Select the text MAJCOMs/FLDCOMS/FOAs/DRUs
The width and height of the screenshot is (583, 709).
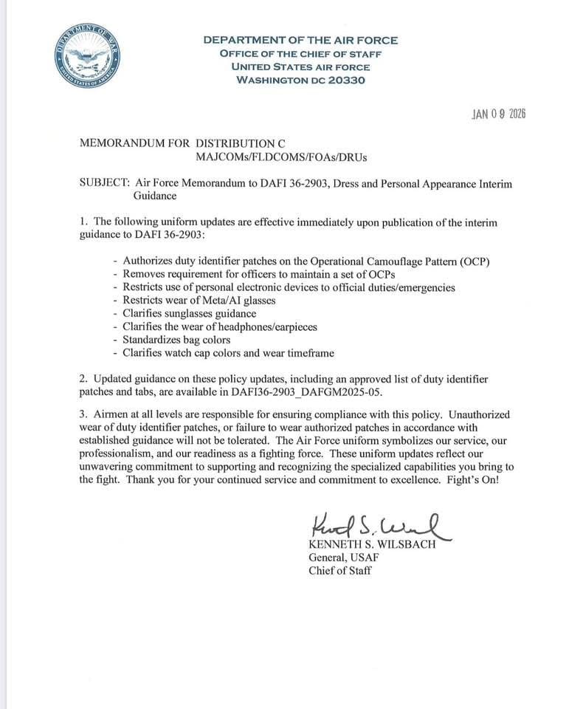(x=281, y=157)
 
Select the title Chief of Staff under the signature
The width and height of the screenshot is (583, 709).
(x=340, y=570)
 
